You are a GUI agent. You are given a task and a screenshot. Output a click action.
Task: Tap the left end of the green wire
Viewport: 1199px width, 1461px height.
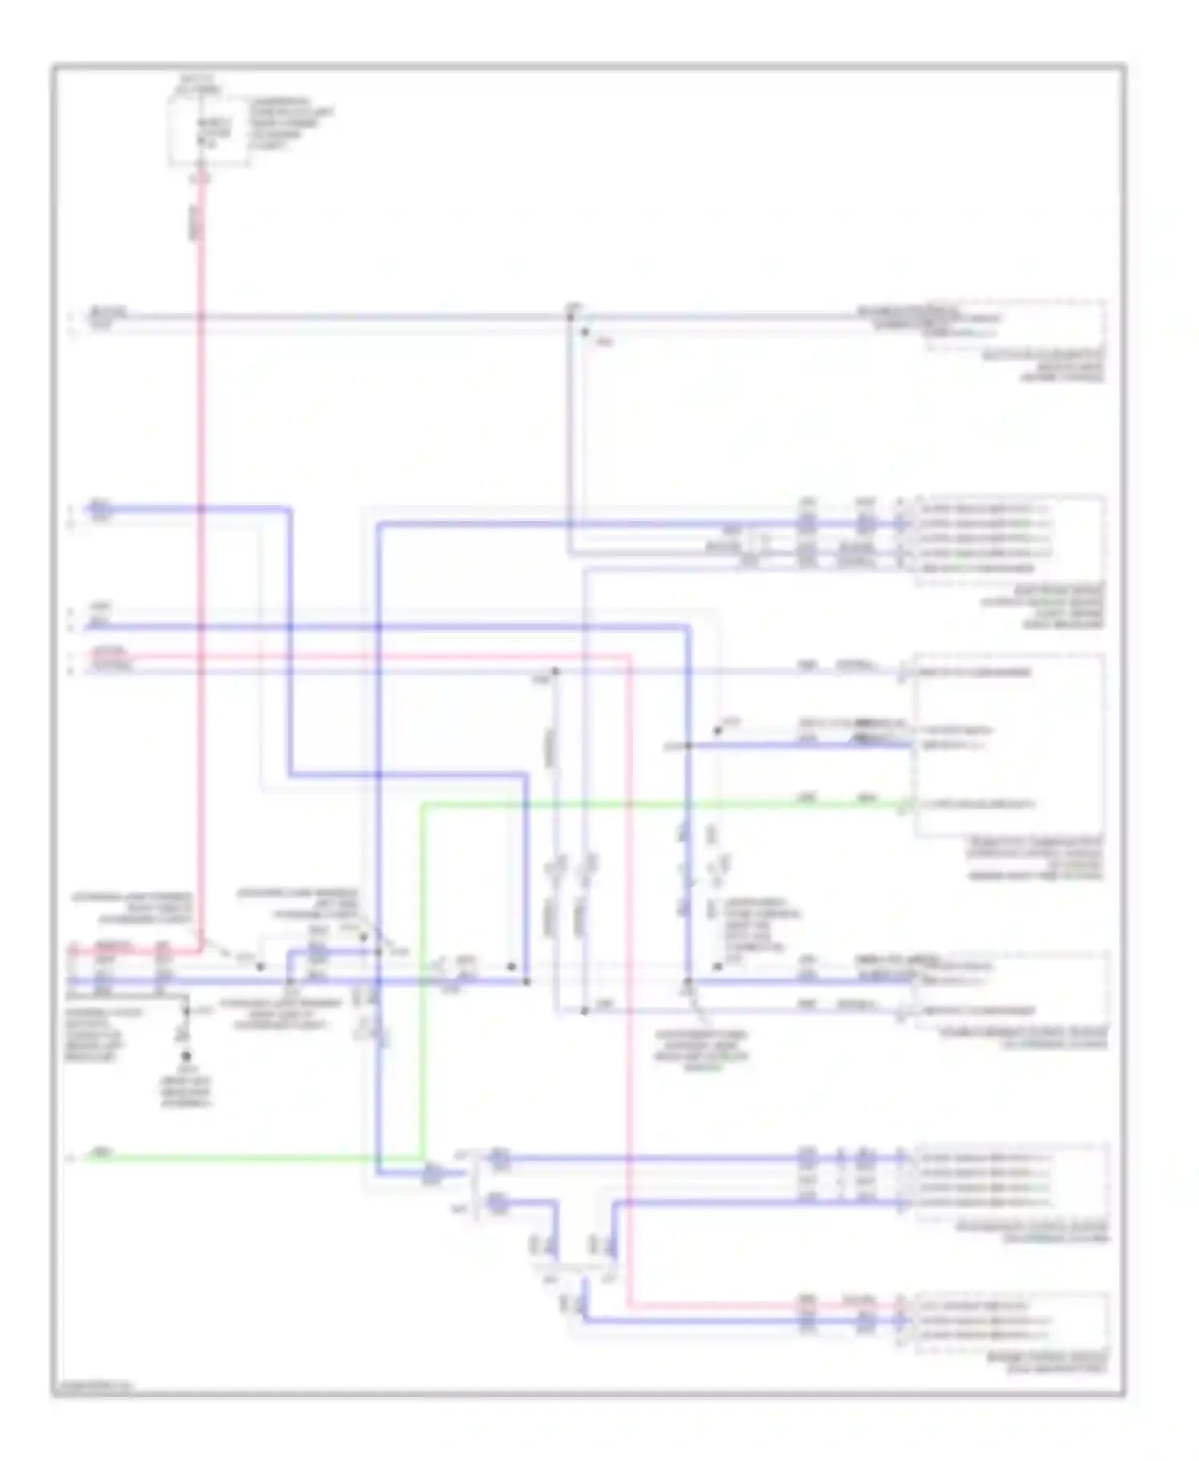tap(90, 1156)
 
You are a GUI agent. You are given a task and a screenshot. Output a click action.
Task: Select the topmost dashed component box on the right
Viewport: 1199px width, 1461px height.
tap(1016, 325)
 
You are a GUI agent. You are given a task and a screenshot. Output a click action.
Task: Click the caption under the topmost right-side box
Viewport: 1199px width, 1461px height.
tap(1062, 364)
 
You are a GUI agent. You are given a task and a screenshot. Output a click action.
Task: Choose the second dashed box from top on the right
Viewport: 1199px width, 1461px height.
tap(1011, 540)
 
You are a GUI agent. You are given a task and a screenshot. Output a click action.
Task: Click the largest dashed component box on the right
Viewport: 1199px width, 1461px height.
tap(1010, 745)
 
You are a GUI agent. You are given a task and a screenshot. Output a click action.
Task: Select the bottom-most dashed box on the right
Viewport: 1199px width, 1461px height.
tap(1011, 1322)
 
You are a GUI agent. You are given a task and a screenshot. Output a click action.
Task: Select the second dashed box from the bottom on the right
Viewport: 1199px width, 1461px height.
tap(1012, 1181)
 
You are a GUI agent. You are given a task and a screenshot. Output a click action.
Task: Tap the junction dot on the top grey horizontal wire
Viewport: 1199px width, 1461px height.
tap(571, 317)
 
